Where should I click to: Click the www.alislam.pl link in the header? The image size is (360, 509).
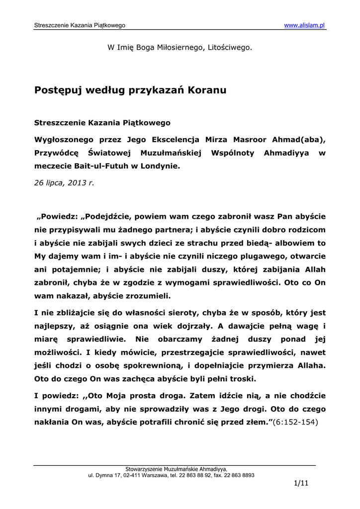(304, 25)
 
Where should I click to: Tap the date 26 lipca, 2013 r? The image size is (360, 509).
(64, 182)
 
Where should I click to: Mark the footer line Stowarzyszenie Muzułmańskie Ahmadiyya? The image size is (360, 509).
(176, 468)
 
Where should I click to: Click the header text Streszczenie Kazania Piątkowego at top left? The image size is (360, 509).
(79, 25)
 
